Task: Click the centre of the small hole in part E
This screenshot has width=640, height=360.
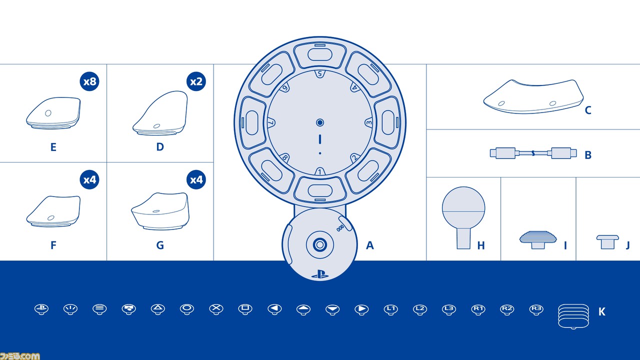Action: (x=48, y=113)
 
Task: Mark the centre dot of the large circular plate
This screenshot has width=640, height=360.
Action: (x=320, y=122)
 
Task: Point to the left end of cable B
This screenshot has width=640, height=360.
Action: (x=490, y=153)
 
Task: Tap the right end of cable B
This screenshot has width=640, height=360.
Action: (x=576, y=153)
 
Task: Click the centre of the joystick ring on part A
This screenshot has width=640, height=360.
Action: (x=320, y=244)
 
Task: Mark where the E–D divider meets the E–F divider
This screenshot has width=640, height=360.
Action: (x=107, y=162)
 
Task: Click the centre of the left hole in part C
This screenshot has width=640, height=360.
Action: (x=501, y=103)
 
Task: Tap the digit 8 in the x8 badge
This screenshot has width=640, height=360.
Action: (x=93, y=81)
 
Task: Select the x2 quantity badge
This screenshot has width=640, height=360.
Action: (x=196, y=81)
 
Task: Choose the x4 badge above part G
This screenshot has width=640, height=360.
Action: (x=196, y=179)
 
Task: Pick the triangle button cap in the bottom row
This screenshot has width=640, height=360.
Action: (x=157, y=309)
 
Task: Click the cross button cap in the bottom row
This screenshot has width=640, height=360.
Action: (x=216, y=309)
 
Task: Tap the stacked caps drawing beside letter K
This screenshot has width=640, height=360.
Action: (x=573, y=316)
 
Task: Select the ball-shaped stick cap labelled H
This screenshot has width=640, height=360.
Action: (x=463, y=217)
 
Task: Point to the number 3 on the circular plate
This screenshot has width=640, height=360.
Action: (x=369, y=123)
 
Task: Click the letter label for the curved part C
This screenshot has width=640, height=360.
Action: (x=588, y=110)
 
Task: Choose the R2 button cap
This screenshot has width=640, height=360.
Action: (x=507, y=309)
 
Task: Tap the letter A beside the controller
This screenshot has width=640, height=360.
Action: (x=369, y=245)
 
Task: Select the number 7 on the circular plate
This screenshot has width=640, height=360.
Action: (x=271, y=122)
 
